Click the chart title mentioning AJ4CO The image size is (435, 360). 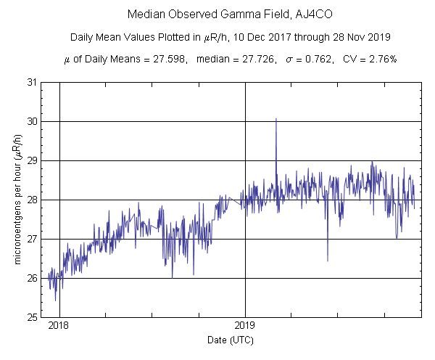click(217, 14)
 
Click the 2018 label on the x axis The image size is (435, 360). click(59, 326)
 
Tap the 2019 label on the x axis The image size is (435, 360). click(246, 326)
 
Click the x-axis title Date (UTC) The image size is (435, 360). click(231, 340)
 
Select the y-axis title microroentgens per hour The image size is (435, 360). click(16, 199)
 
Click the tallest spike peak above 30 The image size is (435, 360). click(276, 119)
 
